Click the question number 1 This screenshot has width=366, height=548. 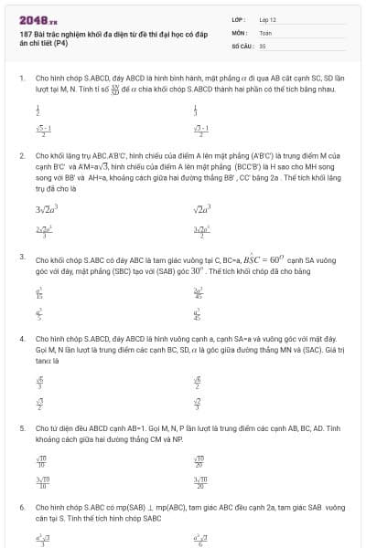[x=21, y=79]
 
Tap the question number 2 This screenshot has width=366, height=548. [x=21, y=156]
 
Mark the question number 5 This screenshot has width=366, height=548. [x=21, y=427]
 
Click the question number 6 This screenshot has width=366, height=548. [x=21, y=505]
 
